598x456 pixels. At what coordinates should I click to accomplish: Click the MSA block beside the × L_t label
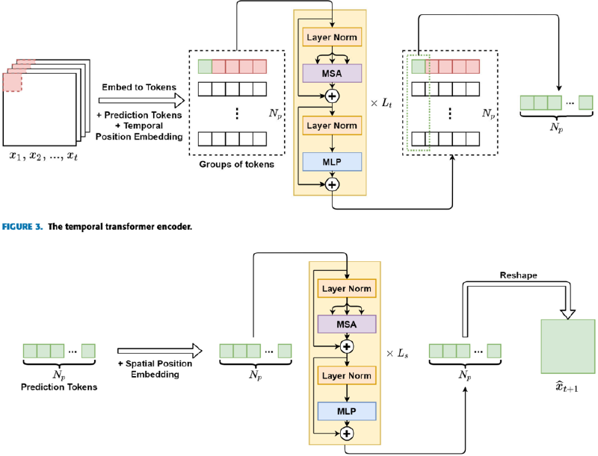(332, 72)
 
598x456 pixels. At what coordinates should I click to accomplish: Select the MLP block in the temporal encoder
(332, 161)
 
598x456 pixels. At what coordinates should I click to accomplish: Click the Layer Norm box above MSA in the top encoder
(332, 36)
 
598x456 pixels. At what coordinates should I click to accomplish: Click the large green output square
(567, 346)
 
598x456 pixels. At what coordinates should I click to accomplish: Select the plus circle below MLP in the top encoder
(332, 183)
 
